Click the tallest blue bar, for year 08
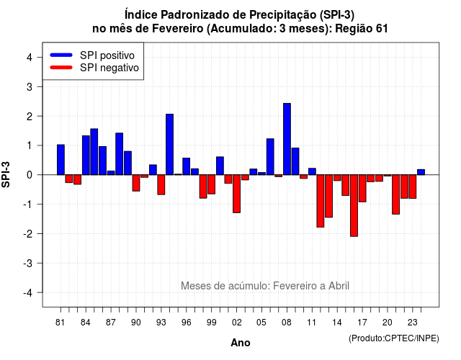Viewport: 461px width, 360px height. (287, 139)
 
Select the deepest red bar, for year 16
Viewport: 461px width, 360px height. (354, 205)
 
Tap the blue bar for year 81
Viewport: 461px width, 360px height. (61, 160)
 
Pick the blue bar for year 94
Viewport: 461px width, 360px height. (170, 144)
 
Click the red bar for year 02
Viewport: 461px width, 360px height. (237, 194)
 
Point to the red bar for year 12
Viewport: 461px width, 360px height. (321, 201)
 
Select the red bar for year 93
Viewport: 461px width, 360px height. (161, 185)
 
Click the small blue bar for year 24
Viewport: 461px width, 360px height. (421, 172)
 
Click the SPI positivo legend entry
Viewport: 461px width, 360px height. (92, 55)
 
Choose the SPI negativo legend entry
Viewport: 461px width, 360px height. (94, 68)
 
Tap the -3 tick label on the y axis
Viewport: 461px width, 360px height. (28, 263)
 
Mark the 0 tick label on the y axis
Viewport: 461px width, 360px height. (30, 175)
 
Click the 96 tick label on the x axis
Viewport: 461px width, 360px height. (186, 323)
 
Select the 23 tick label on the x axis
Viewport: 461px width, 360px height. (413, 323)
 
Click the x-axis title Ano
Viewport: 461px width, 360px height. (241, 343)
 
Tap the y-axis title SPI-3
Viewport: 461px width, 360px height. (6, 174)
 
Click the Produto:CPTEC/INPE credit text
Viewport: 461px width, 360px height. (394, 338)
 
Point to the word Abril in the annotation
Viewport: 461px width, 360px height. (339, 286)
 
